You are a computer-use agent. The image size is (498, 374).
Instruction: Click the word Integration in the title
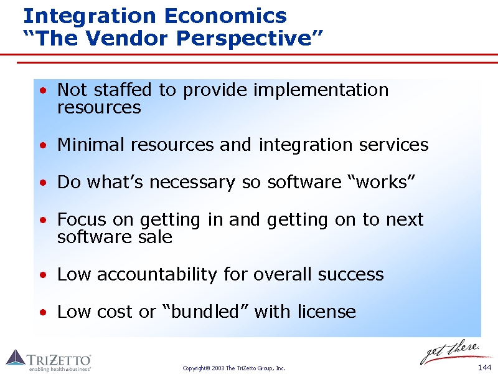90,17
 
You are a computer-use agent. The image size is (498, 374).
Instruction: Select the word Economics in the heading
225,16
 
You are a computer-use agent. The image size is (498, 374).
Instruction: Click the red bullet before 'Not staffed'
43,90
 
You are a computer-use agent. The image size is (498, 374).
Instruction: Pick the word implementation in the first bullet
321,90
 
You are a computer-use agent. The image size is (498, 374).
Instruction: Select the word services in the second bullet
394,145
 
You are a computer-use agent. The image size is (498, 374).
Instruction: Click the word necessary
192,183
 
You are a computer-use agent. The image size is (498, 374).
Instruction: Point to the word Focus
82,219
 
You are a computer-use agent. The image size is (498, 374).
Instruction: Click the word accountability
157,274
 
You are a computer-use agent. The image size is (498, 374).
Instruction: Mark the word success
350,275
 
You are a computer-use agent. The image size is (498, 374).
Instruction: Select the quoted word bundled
205,311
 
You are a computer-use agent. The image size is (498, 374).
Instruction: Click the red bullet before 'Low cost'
43,312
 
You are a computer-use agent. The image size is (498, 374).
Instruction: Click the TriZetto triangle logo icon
16,357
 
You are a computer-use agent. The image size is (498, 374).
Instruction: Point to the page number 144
485,368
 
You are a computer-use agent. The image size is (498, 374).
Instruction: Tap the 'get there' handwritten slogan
451,352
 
